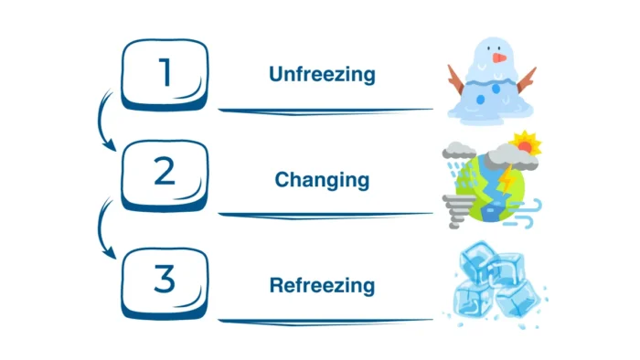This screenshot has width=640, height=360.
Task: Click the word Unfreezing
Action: (322, 74)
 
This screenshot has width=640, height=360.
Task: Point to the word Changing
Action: (322, 179)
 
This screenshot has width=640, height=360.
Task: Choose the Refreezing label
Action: (322, 285)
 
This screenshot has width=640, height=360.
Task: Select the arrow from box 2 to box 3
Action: (102, 228)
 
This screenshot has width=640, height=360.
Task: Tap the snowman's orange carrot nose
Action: (499, 58)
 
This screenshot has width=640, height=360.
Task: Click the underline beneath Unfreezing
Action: (325, 111)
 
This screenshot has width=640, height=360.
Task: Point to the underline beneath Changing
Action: (325, 215)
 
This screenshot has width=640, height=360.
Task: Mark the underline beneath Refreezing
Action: (325, 320)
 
